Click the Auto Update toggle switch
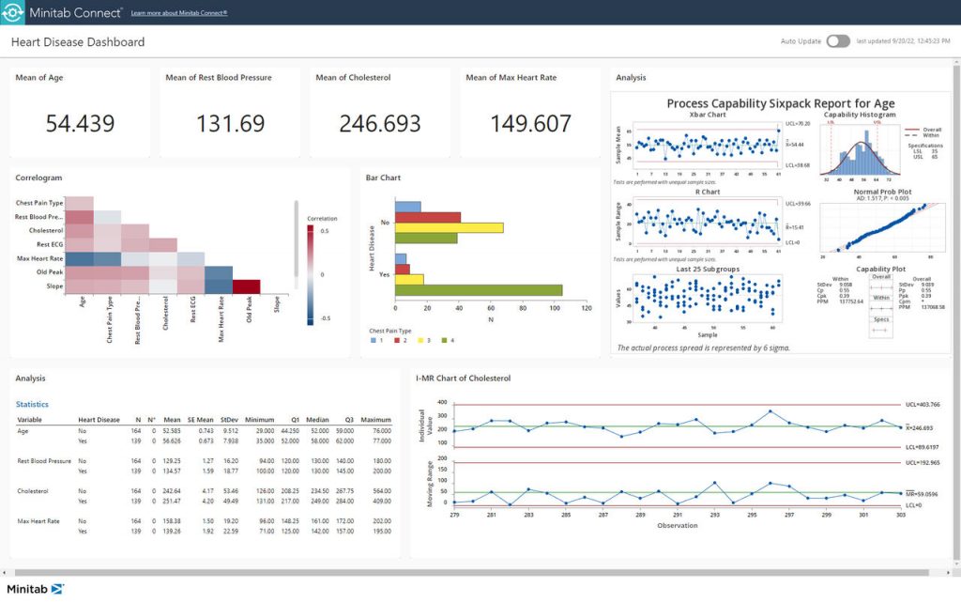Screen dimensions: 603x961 click(x=838, y=41)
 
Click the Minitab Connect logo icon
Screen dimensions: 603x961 click(x=18, y=13)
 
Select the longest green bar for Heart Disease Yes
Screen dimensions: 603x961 click(x=479, y=290)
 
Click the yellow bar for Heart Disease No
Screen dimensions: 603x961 click(x=449, y=227)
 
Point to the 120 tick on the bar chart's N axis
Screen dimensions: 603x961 click(x=586, y=308)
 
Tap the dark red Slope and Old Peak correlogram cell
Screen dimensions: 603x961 click(x=246, y=286)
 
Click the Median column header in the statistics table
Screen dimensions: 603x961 click(x=316, y=420)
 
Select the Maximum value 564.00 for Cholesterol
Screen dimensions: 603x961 click(x=375, y=490)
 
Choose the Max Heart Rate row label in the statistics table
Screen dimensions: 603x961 click(x=40, y=520)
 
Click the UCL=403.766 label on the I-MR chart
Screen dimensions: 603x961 click(x=923, y=405)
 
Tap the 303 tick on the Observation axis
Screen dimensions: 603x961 click(x=901, y=515)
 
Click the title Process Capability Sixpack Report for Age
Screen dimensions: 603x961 click(x=780, y=103)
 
